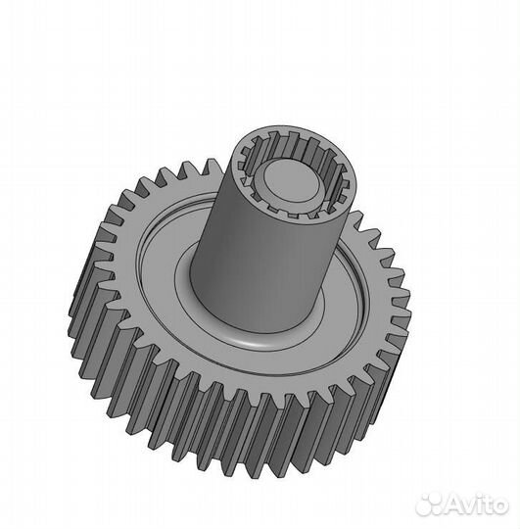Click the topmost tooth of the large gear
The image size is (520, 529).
tap(212, 166)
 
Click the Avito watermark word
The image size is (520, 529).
tap(478, 505)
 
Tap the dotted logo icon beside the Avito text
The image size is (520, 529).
tap(431, 505)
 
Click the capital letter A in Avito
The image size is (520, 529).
tap(456, 505)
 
